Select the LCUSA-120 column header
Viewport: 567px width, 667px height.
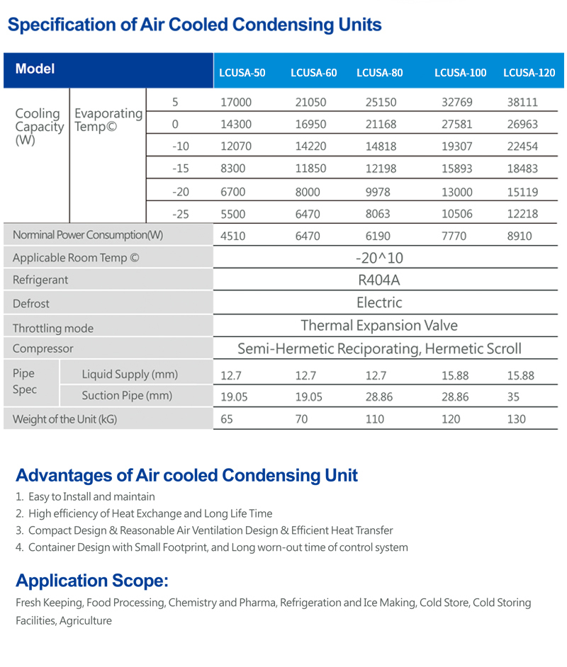529,72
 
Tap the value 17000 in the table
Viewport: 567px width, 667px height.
236,102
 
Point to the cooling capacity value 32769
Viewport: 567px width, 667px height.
456,102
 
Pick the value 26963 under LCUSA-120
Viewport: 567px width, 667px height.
522,124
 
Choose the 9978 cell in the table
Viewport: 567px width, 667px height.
381,191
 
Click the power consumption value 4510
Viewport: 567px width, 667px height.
233,236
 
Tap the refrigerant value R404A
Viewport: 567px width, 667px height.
379,280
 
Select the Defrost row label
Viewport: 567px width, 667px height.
31,303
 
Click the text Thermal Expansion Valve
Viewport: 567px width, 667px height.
379,326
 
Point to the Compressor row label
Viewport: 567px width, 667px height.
43,348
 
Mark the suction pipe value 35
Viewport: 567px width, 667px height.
513,397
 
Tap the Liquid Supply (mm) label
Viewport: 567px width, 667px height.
130,374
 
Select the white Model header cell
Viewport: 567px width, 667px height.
35,69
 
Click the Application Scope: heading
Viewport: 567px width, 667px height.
92,581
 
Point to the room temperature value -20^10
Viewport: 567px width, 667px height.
379,258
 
